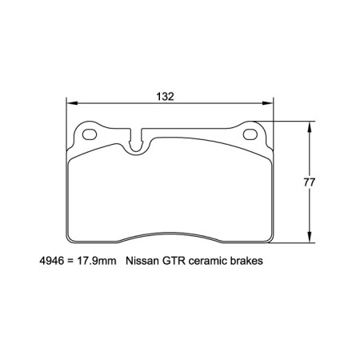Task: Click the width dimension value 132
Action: pos(166,95)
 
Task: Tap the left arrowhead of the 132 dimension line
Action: pos(70,103)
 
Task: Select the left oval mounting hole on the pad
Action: pos(88,134)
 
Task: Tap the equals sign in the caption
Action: pos(72,260)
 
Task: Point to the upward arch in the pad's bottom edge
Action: pos(170,235)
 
